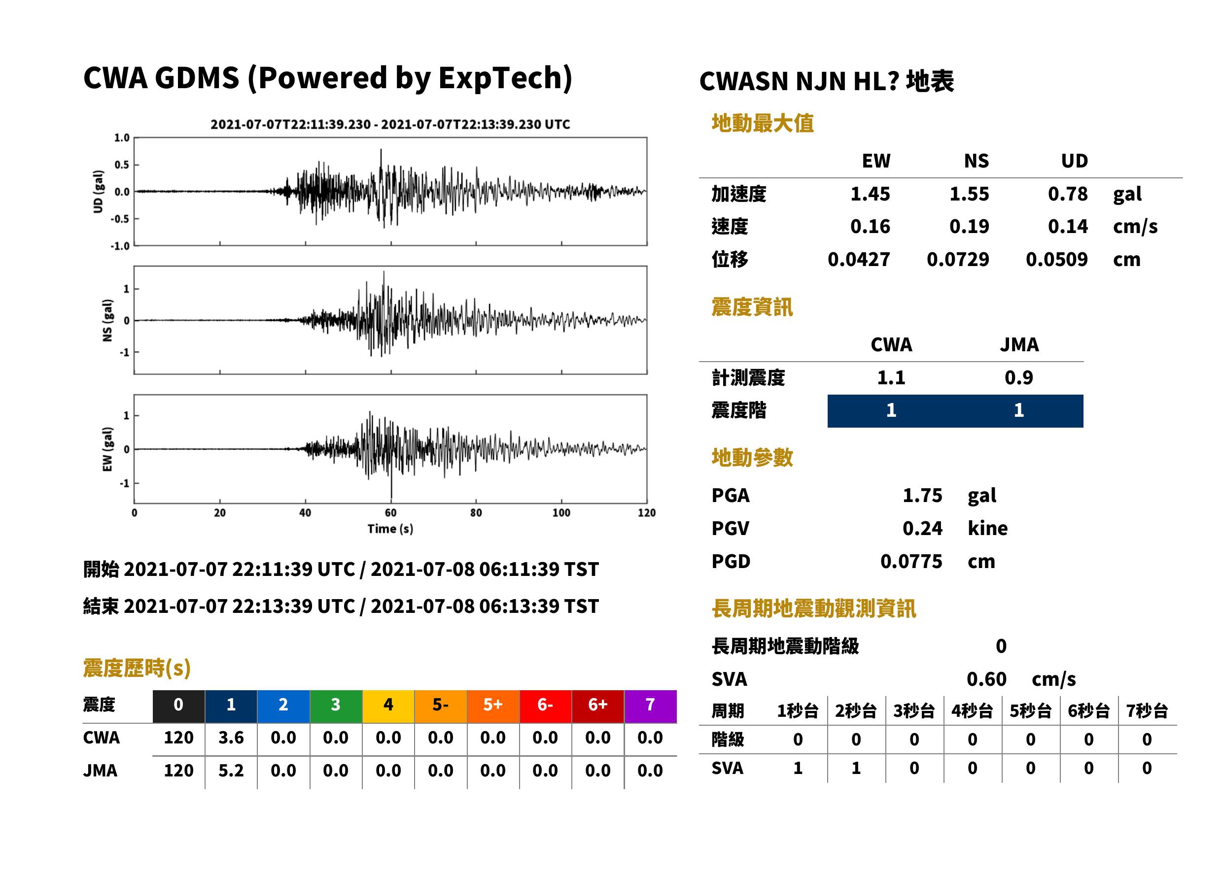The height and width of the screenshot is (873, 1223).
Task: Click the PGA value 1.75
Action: pos(922,495)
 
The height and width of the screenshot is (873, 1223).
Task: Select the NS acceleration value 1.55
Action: pos(969,194)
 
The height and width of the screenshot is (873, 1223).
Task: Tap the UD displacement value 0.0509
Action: pos(1057,259)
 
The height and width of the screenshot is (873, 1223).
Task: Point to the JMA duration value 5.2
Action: pos(231,771)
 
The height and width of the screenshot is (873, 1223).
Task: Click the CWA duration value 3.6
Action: pos(231,738)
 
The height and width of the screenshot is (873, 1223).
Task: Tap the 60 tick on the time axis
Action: pos(390,513)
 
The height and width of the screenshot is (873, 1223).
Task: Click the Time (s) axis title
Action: pos(390,529)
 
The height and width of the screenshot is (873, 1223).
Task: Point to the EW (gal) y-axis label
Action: pos(107,449)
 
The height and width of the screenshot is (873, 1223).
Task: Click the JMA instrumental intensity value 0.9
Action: pos(1018,377)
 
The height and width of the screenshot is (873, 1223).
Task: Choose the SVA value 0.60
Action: pos(986,679)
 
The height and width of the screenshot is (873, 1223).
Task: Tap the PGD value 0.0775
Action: pos(911,561)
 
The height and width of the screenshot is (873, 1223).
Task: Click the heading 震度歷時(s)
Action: pos(137,668)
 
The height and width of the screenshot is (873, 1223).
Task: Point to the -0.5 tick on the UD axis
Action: pos(120,219)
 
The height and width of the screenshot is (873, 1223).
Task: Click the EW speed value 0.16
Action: pos(870,226)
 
